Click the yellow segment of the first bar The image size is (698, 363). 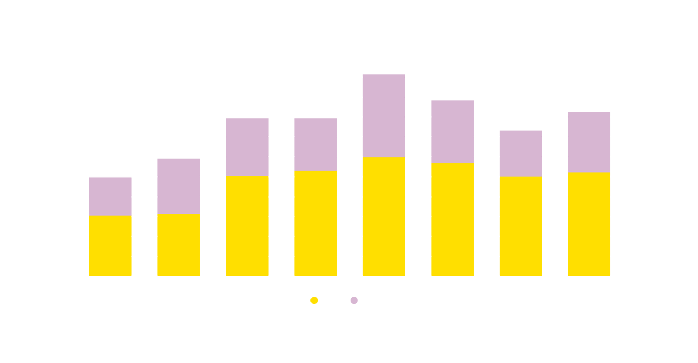click(x=111, y=246)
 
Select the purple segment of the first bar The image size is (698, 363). click(x=111, y=196)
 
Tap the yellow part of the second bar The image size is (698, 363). click(x=179, y=245)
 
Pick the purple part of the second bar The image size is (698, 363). click(x=179, y=186)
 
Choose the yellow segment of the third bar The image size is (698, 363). click(x=247, y=226)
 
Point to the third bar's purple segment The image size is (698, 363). click(x=247, y=147)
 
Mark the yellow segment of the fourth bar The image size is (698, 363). click(x=315, y=223)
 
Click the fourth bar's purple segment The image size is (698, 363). click(x=315, y=144)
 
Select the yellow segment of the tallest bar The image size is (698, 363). click(x=384, y=217)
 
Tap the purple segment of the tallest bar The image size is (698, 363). click(x=384, y=112)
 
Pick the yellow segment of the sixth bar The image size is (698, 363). click(x=452, y=219)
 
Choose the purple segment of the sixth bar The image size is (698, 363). click(x=452, y=131)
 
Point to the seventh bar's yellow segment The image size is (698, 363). click(x=521, y=226)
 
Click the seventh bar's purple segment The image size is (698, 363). click(x=521, y=150)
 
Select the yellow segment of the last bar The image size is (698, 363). click(x=589, y=224)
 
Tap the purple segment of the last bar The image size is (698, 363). click(x=589, y=138)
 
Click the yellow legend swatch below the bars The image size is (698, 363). click(x=303, y=303)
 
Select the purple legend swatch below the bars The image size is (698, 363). click(x=354, y=299)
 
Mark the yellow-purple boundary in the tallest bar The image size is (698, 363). click(x=384, y=157)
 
